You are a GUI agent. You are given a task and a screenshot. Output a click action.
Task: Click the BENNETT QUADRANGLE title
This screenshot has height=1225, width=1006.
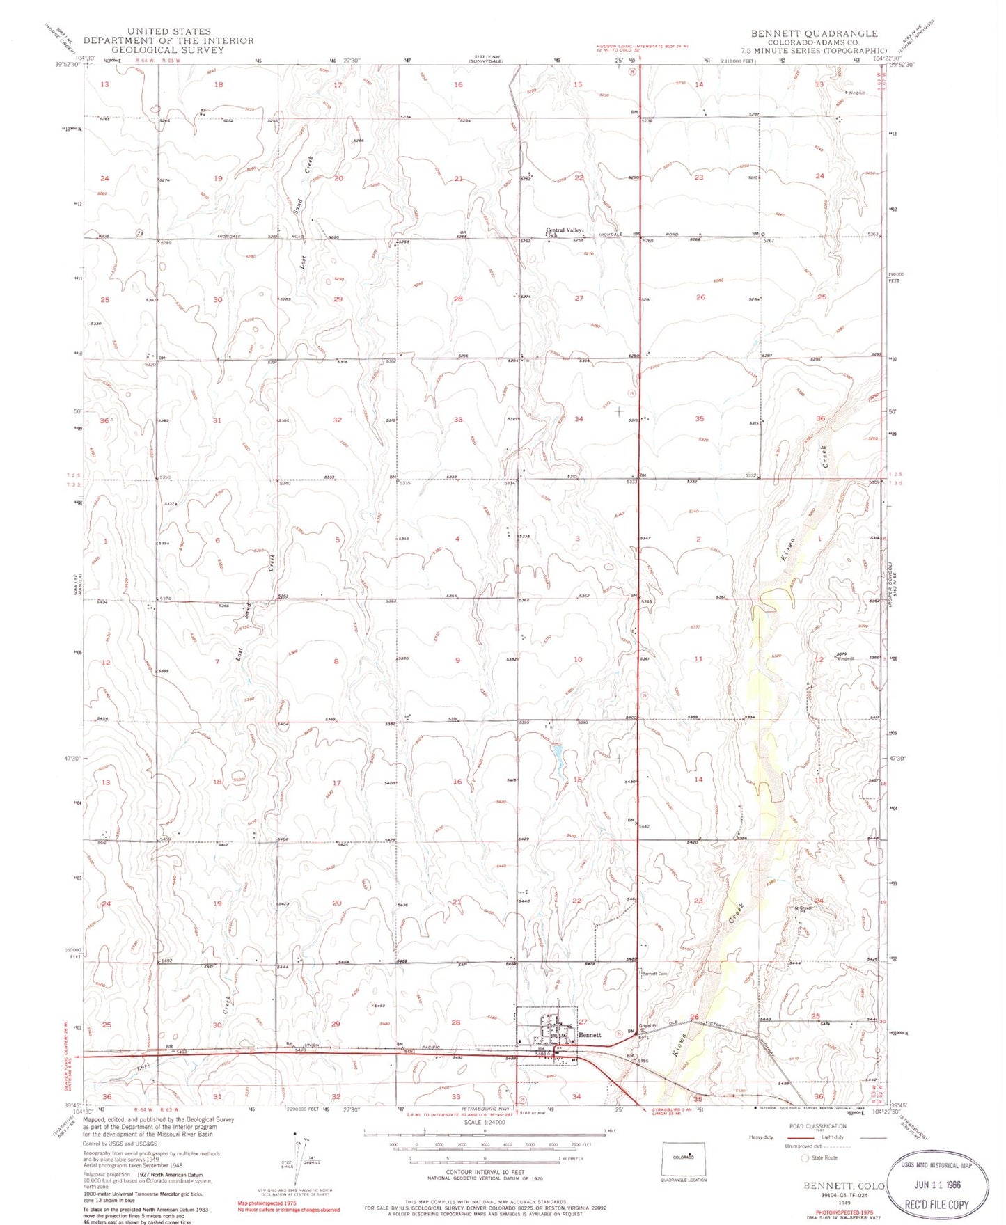(813, 33)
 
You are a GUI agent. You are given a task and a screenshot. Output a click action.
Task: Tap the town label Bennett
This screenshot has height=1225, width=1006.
(590, 1035)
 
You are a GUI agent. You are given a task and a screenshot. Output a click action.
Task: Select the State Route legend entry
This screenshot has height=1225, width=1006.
(824, 1158)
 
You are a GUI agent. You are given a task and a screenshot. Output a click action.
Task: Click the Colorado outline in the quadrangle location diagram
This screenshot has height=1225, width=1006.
(683, 1157)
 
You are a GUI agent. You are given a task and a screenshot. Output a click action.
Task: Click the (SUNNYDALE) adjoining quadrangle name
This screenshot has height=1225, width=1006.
(485, 61)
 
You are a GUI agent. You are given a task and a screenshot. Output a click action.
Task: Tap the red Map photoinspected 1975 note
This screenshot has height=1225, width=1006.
(267, 1203)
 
